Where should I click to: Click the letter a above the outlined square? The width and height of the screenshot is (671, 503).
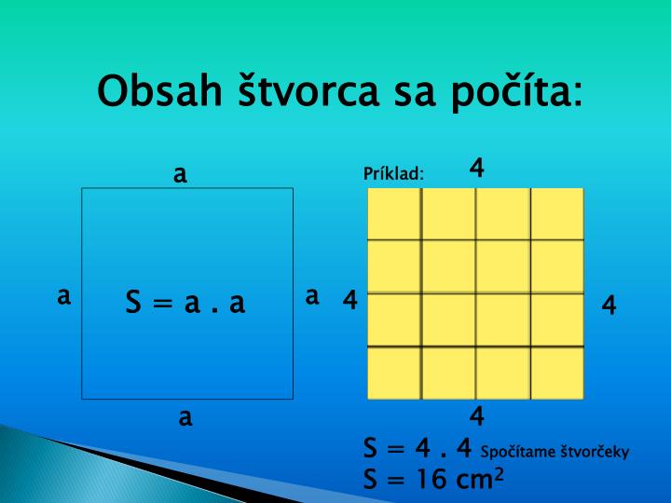point(181,173)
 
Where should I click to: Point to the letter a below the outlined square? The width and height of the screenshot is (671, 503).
point(185,417)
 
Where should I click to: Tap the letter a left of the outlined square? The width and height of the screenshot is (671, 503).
point(63,296)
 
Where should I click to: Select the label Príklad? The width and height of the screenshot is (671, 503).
point(393,174)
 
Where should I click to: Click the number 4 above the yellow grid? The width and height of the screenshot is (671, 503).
point(477,168)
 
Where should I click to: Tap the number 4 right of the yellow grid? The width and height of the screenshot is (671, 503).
point(609,305)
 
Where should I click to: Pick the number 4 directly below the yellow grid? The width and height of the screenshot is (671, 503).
point(477,415)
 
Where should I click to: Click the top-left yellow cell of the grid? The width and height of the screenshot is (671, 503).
point(394,213)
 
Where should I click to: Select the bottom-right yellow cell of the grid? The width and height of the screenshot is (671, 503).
point(557,373)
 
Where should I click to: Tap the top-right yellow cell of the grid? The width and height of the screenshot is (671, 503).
point(557,213)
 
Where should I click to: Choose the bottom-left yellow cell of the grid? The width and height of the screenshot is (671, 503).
point(394,373)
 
